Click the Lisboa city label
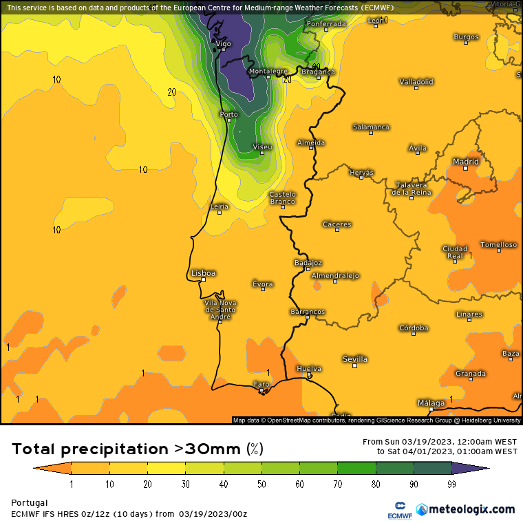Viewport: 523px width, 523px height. [203, 273]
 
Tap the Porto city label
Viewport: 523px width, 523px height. [228, 114]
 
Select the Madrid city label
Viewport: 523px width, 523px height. [465, 162]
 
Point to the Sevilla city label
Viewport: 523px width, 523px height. [355, 359]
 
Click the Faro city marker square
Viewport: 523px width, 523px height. [261, 392]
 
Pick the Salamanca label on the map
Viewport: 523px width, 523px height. [371, 127]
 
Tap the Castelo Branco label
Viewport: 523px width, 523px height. [282, 198]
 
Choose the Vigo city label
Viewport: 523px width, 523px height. [223, 43]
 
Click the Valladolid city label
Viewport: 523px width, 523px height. [416, 81]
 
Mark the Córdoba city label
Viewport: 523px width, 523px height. [414, 328]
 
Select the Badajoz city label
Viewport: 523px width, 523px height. [308, 263]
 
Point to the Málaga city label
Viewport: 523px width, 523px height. [431, 403]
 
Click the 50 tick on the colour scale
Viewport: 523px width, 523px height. [262, 484]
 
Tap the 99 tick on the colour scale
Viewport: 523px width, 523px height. [451, 484]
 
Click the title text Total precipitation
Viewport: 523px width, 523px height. [89, 449]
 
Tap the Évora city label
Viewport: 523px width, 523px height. [262, 284]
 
